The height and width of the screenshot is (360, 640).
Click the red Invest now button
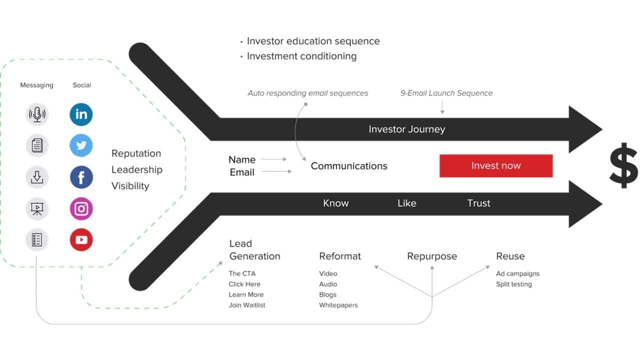coord(496,165)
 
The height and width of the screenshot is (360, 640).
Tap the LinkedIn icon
coord(81,114)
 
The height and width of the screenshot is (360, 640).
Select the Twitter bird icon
coord(81,145)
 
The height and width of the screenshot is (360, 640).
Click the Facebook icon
coord(81,177)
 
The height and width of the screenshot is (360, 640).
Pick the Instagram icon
coord(81,208)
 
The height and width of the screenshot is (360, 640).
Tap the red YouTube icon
coord(81,239)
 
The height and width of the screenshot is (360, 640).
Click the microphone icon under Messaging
coord(37,114)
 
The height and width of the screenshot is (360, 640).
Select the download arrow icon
coord(37,177)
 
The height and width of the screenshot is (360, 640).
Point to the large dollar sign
coord(623,165)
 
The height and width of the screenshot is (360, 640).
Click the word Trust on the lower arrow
coord(478,203)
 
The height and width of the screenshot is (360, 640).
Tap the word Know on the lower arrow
coord(335,203)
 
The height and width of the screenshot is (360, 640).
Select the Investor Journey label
coord(407,129)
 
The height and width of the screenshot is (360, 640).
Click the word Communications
coord(349,166)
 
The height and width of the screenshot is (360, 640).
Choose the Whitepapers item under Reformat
coord(338,305)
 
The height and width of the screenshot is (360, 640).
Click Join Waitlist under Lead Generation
coord(247,305)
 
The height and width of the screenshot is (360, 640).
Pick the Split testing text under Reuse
coord(514,284)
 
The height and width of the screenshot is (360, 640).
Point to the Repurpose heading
coord(432,256)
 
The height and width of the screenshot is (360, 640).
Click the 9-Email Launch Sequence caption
coord(446,93)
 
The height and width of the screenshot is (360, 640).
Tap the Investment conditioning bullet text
coord(301,56)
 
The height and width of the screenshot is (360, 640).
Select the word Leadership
coord(137,170)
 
